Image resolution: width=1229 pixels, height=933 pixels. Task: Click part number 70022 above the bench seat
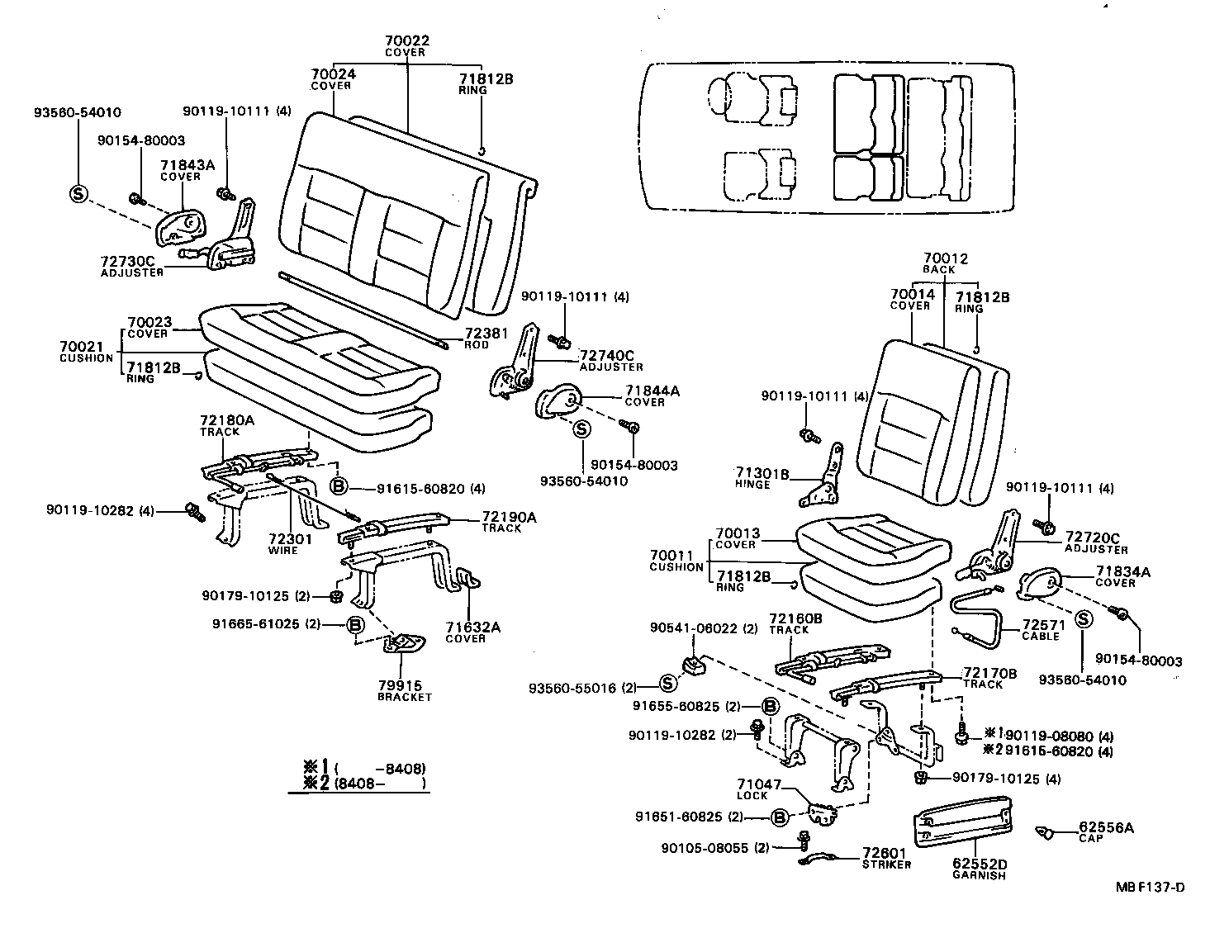pos(407,40)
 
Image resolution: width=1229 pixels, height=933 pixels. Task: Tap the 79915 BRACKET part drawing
pos(405,643)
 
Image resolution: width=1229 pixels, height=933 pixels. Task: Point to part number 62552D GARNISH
pos(979,864)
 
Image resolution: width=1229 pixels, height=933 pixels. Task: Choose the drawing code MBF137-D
pos(1150,888)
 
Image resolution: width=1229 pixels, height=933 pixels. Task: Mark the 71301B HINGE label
pos(762,478)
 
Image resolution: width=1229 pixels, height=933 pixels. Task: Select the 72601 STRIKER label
pos(885,858)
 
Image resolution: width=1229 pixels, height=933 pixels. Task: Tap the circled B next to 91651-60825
pos(778,817)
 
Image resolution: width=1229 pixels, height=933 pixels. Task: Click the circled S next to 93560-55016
pos(669,683)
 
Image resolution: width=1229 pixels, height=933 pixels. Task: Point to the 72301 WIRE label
pos(289,544)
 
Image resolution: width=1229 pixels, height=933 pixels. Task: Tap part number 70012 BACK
pos(945,263)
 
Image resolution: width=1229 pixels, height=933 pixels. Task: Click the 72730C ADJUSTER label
pos(132,266)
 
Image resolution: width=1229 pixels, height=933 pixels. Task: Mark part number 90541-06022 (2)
pos(704,628)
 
